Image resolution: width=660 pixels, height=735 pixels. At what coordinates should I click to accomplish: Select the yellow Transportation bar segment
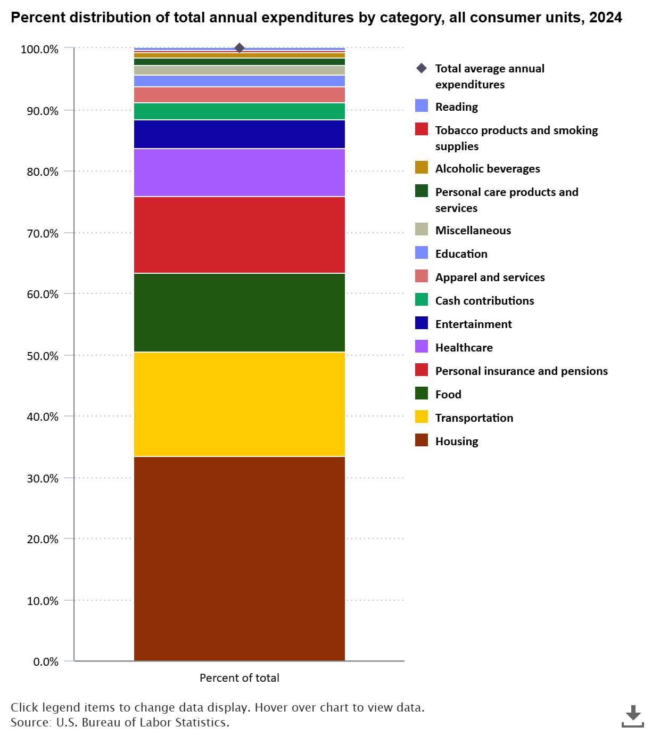pyautogui.click(x=239, y=404)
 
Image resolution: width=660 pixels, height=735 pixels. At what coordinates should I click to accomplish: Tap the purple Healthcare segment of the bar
pyautogui.click(x=239, y=173)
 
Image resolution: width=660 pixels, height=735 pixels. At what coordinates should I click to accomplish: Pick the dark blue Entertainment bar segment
pyautogui.click(x=239, y=134)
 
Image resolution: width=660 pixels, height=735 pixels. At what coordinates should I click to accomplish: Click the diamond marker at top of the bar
pyautogui.click(x=240, y=48)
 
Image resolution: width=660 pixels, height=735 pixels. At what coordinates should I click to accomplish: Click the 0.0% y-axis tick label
pyautogui.click(x=46, y=661)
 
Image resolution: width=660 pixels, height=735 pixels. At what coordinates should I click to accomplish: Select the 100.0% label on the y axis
pyautogui.click(x=39, y=50)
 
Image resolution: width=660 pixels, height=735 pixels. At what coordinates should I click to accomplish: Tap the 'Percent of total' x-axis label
pyautogui.click(x=239, y=678)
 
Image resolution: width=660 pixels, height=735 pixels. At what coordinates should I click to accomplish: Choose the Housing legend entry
pyautogui.click(x=456, y=441)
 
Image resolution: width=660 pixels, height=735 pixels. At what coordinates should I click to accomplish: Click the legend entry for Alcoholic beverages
pyautogui.click(x=487, y=168)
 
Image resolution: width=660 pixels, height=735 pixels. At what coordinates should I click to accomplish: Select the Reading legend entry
pyautogui.click(x=456, y=107)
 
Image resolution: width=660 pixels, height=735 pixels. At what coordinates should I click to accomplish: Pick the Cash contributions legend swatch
pyautogui.click(x=422, y=300)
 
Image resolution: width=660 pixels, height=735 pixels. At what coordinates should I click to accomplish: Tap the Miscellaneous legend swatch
pyautogui.click(x=422, y=230)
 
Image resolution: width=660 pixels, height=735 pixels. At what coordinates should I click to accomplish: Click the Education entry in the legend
pyautogui.click(x=461, y=254)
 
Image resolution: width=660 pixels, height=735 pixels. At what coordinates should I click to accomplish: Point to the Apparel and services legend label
pyautogui.click(x=490, y=277)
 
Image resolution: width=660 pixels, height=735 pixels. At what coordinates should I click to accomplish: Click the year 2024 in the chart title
pyautogui.click(x=605, y=18)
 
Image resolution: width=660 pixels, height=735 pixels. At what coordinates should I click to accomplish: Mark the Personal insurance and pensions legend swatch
pyautogui.click(x=422, y=371)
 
